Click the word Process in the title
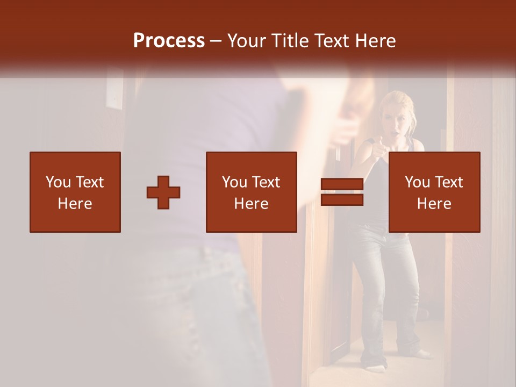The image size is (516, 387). click(x=169, y=41)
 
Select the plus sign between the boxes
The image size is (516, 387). click(x=163, y=192)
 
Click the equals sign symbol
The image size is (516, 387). click(x=342, y=192)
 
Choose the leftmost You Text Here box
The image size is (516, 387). click(x=75, y=192)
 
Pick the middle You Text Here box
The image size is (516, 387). click(x=252, y=192)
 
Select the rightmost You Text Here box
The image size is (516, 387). click(x=434, y=192)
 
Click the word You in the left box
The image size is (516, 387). click(x=58, y=182)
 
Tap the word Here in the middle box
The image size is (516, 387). click(x=252, y=204)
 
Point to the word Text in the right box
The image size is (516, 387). click(x=448, y=182)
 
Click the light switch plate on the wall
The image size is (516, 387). click(x=114, y=92)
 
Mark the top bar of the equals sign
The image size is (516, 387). click(x=342, y=184)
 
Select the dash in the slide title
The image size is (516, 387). click(x=216, y=41)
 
